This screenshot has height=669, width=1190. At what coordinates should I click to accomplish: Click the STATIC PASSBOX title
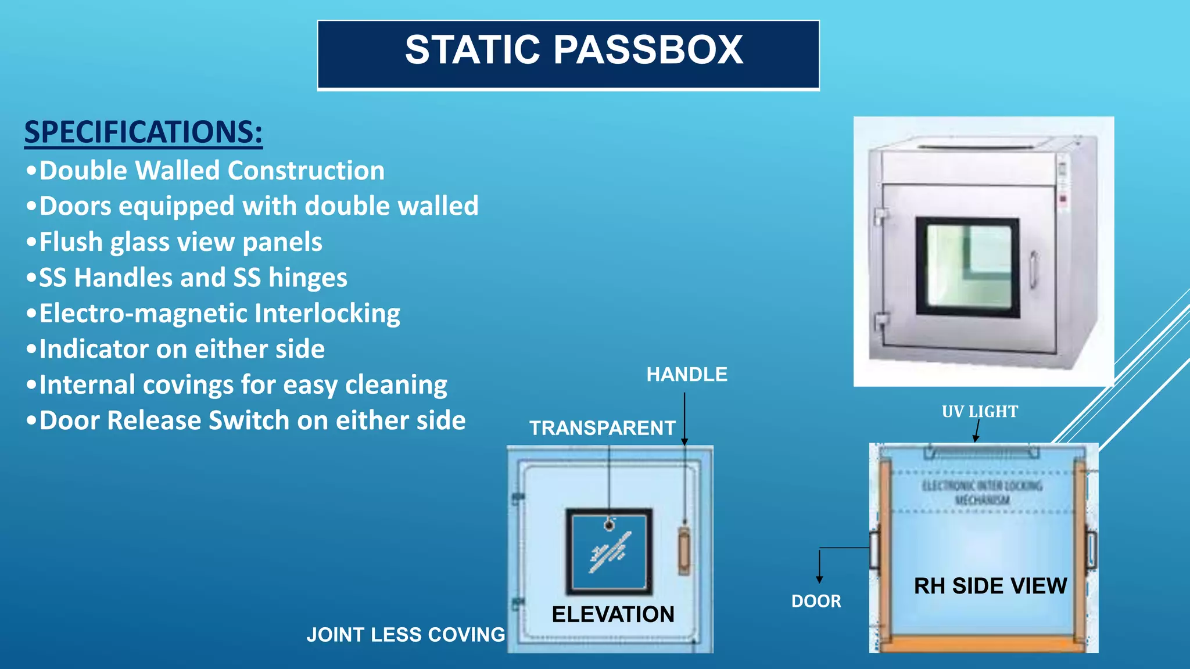coord(574,50)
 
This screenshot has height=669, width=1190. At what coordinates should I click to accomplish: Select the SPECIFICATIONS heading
coord(143,132)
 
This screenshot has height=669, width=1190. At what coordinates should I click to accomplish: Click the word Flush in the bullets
coord(70,242)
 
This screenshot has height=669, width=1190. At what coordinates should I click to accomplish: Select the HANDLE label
coord(687,375)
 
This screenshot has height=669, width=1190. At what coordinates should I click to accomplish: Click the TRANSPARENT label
coord(602,428)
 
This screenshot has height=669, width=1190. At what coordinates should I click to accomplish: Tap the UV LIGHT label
coord(980,412)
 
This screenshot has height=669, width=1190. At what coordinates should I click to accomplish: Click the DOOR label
coord(816,601)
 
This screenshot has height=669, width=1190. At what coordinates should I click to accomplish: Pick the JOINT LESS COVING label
coord(406,635)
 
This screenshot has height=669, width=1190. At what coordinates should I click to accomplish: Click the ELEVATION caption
coord(612,614)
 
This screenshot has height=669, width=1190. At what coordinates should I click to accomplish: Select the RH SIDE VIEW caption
coord(990,586)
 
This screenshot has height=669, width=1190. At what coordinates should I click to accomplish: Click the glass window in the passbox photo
coord(967,267)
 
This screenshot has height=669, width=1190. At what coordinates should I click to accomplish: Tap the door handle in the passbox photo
coord(1034,269)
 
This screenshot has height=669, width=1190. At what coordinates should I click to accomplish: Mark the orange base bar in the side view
coord(982,643)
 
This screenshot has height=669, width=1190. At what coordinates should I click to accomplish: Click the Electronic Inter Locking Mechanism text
coord(982,492)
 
